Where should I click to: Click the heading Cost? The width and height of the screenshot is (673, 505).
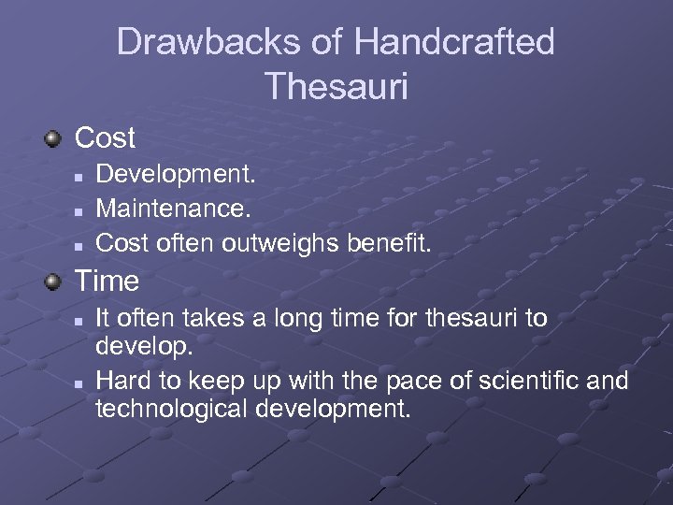(105, 138)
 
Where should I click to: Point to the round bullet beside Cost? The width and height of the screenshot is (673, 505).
(55, 139)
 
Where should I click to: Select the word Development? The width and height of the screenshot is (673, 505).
(176, 174)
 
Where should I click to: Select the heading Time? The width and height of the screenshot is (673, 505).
(106, 281)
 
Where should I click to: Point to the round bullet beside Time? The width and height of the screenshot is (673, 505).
(55, 281)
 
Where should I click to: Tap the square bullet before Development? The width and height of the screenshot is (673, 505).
(80, 175)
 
